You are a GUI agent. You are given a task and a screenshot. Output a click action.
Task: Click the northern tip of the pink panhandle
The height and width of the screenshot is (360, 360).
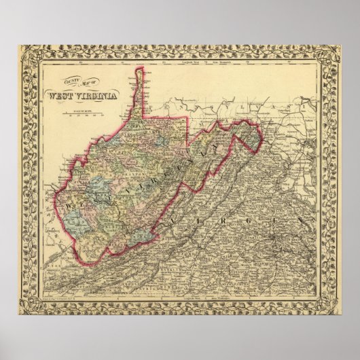[x=141, y=69]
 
